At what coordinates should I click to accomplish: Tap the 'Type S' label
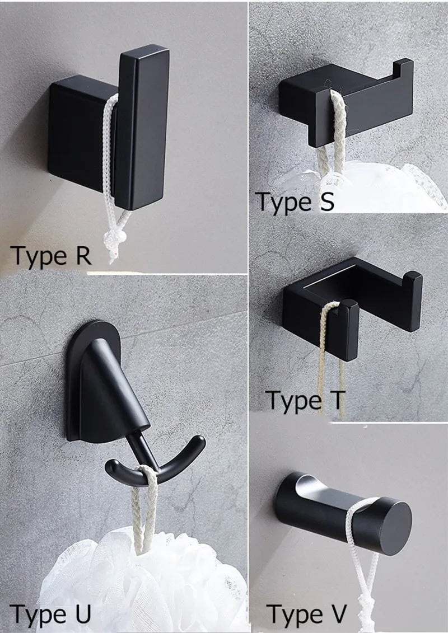(x=295, y=201)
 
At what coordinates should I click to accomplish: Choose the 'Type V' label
(x=306, y=613)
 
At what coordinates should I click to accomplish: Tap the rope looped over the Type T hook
(x=330, y=358)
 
